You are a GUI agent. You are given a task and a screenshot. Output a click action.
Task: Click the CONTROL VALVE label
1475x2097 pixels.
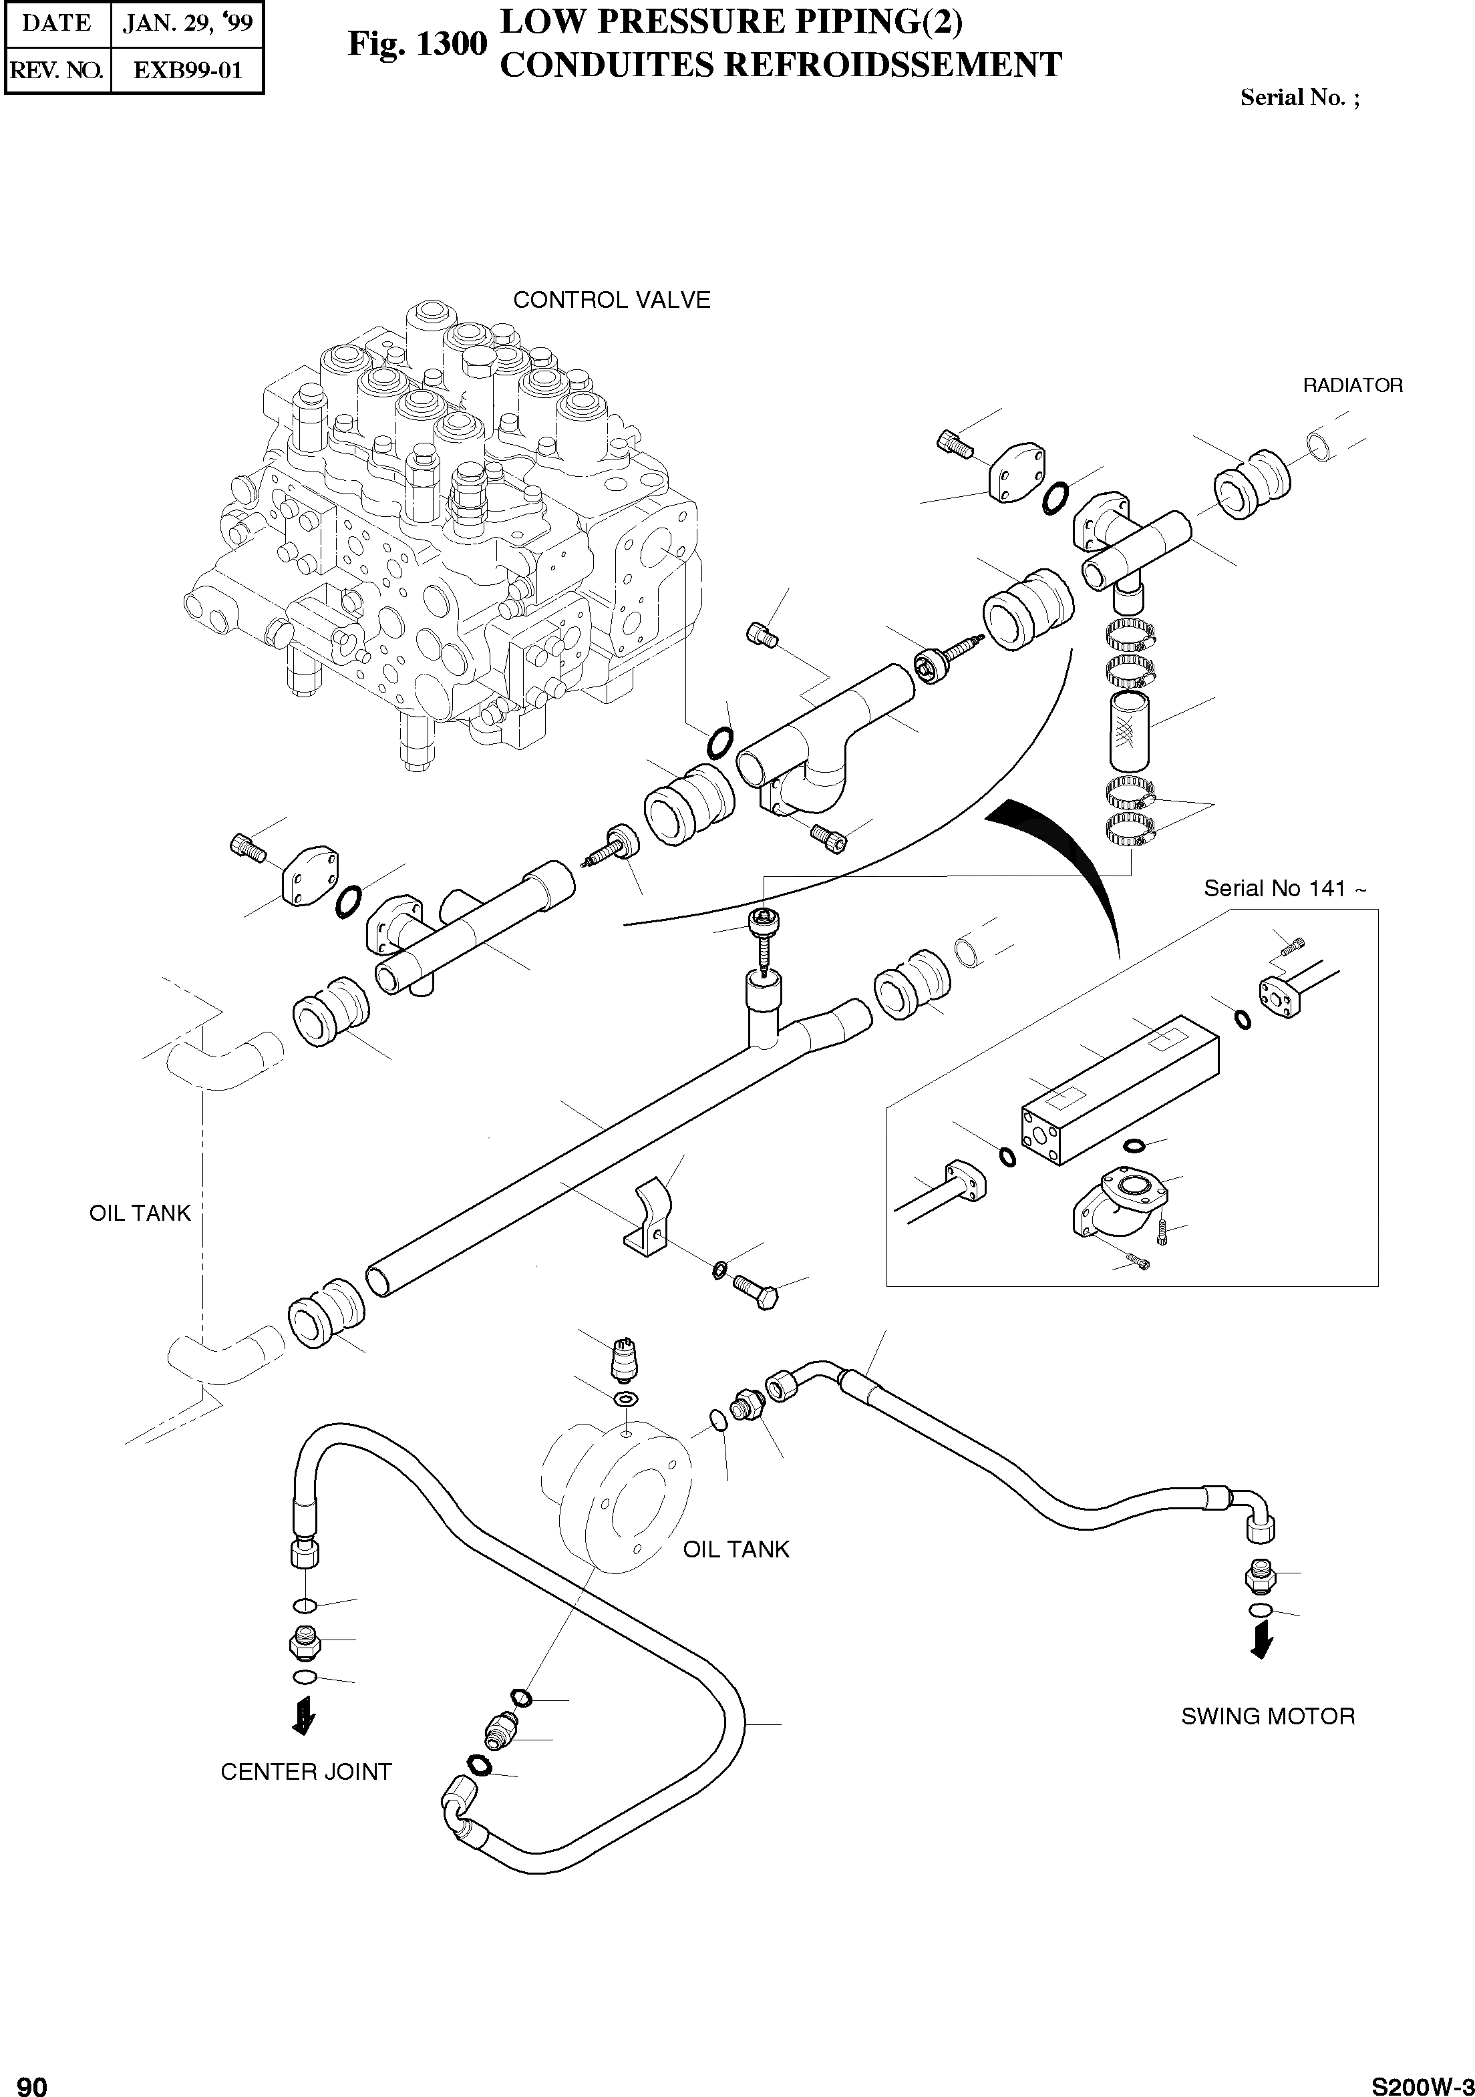(x=611, y=301)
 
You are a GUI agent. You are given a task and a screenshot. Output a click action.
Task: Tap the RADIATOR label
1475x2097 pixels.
(x=1351, y=385)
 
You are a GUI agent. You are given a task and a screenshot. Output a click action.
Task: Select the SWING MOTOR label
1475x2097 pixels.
(x=1268, y=1716)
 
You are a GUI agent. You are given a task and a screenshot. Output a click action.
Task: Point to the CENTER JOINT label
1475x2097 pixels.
(x=306, y=1772)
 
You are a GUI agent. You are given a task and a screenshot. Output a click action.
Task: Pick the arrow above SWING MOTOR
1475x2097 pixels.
(x=1261, y=1642)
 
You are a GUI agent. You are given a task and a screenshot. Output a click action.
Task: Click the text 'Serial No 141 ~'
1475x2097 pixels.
(x=1284, y=889)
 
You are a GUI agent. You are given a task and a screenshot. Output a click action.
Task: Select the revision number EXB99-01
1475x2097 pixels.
(x=187, y=70)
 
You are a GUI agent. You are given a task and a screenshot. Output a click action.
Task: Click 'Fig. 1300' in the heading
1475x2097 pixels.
(x=418, y=44)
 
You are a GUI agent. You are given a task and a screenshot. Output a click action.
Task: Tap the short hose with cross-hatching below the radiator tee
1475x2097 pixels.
(x=1129, y=731)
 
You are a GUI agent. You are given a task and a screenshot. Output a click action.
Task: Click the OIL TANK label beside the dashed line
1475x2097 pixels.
(x=140, y=1213)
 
